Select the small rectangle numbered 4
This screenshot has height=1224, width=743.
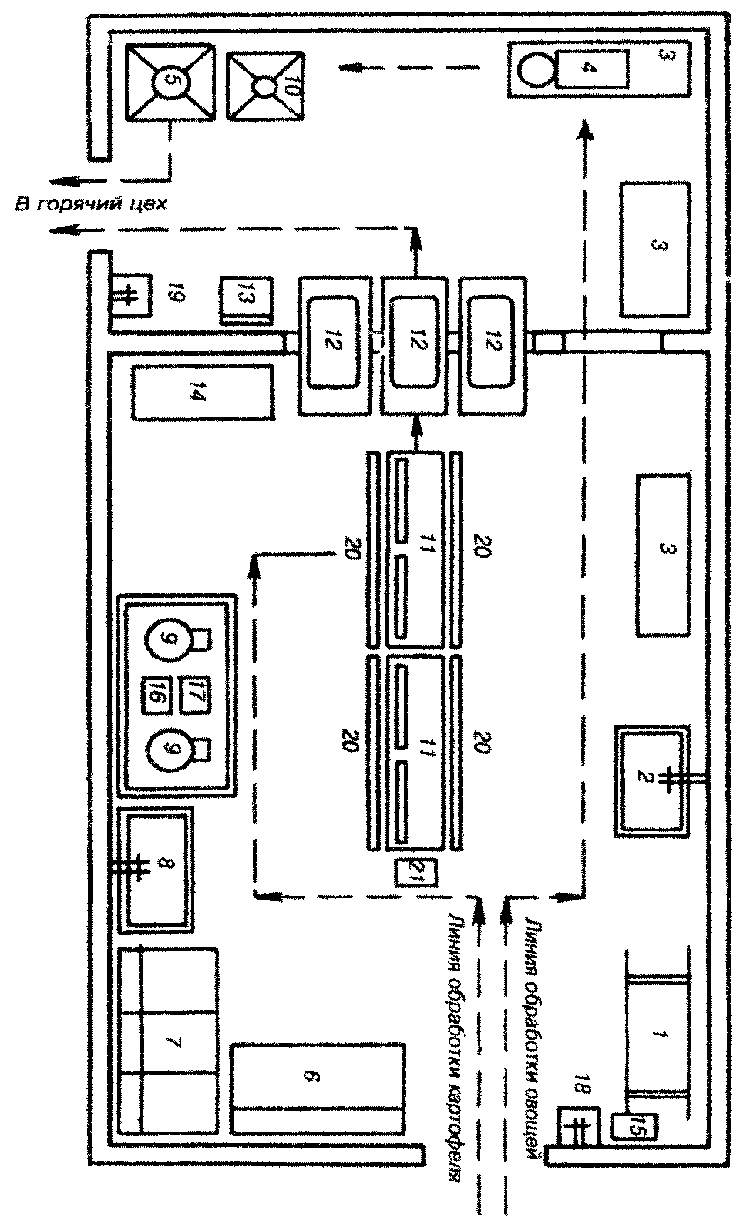591,69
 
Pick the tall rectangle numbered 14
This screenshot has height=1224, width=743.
203,392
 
